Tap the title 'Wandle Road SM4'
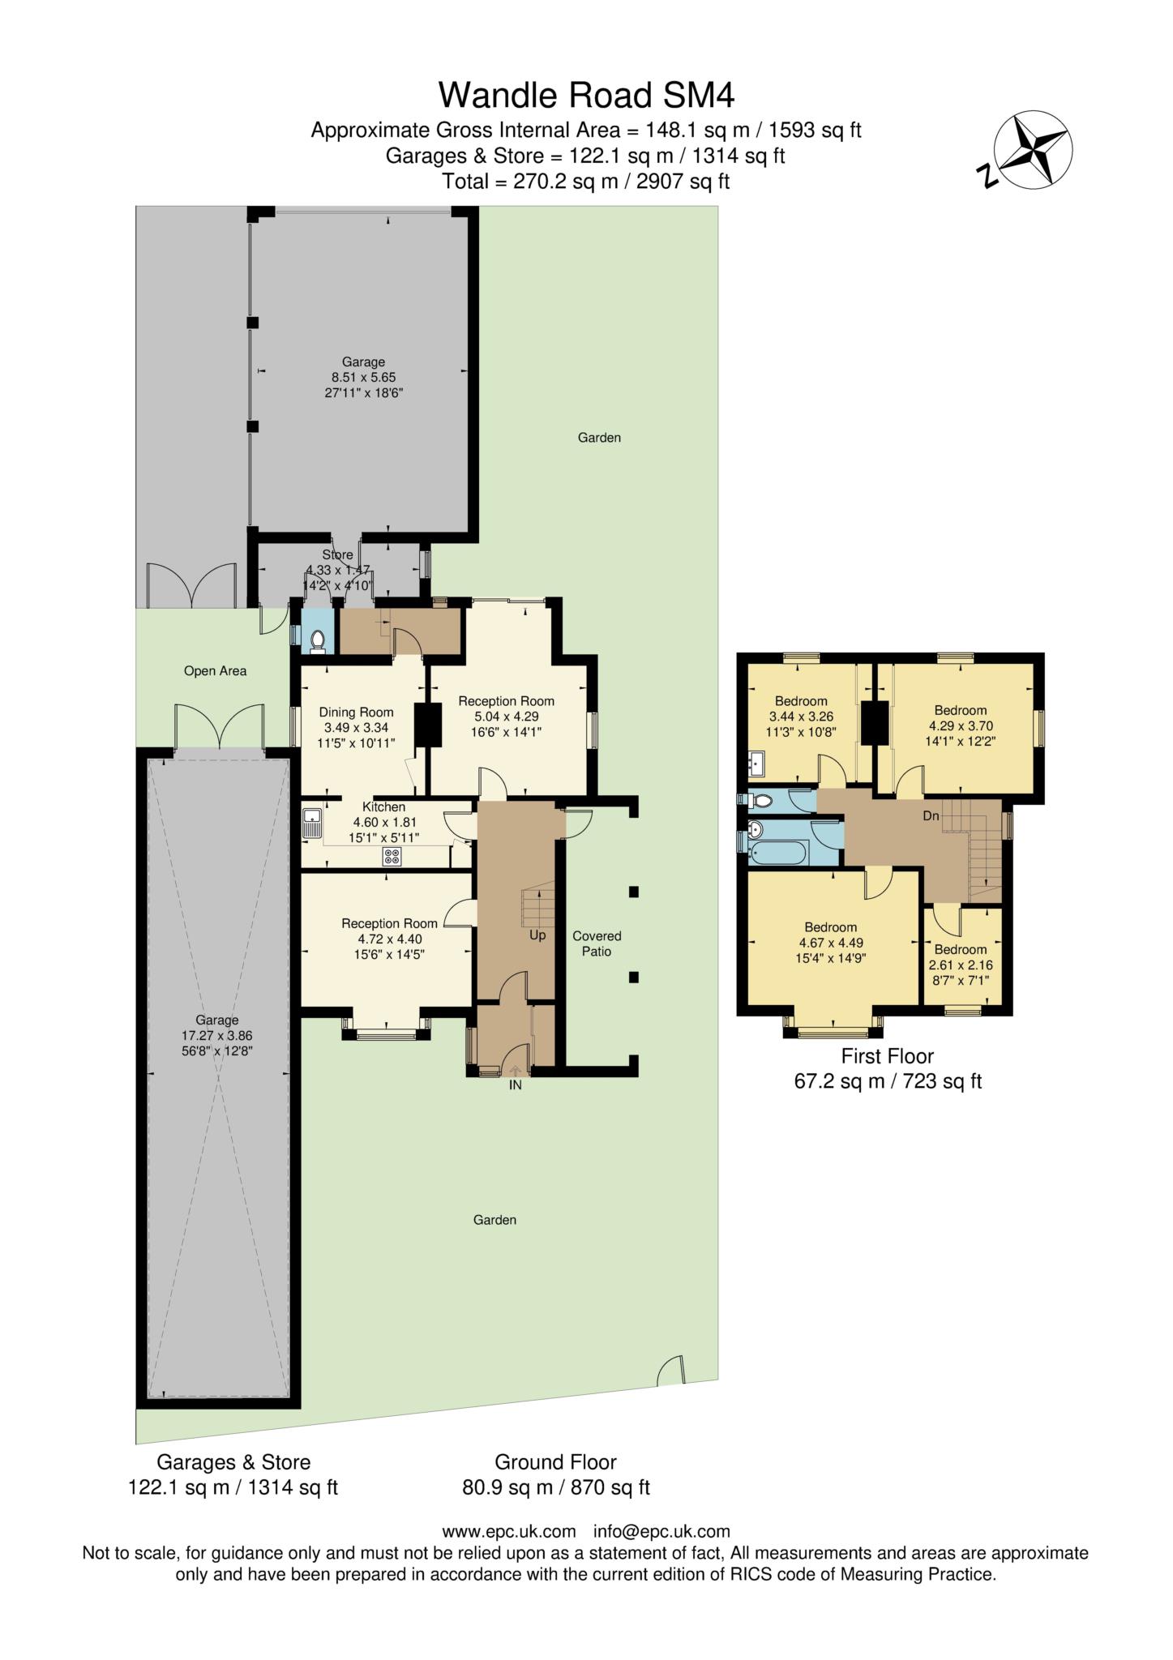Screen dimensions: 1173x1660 click(x=586, y=95)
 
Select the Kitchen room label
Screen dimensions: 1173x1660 click(x=383, y=806)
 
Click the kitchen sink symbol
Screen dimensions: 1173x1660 click(x=312, y=824)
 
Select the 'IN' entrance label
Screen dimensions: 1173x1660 click(x=515, y=1085)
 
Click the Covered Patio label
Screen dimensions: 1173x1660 click(x=597, y=943)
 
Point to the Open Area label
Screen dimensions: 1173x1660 click(x=215, y=671)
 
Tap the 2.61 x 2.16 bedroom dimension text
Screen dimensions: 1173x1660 click(x=961, y=965)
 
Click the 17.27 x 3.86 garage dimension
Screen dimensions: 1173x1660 click(x=216, y=1035)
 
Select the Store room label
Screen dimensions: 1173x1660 click(x=337, y=554)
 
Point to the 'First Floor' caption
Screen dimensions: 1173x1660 click(x=887, y=1056)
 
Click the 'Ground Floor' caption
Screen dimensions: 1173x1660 click(x=555, y=1461)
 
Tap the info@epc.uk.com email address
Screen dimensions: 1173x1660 click(x=661, y=1531)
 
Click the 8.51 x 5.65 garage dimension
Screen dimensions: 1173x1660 click(x=363, y=377)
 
